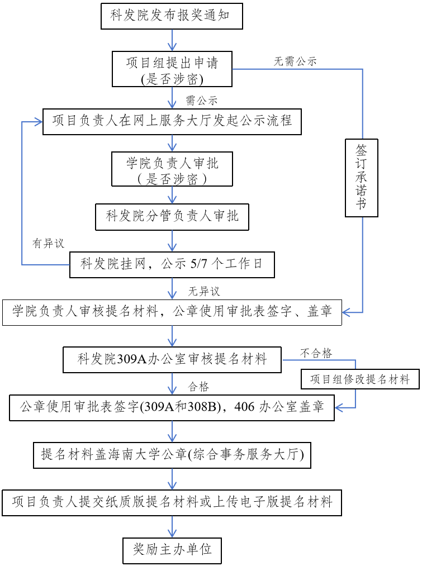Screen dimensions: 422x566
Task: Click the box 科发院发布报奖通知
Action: (x=172, y=16)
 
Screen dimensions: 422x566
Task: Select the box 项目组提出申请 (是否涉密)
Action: (x=172, y=69)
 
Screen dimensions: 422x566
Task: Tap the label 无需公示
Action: (x=295, y=61)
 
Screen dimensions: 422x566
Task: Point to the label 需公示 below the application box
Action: (x=201, y=101)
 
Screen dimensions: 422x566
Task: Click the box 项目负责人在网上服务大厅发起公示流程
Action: (x=172, y=121)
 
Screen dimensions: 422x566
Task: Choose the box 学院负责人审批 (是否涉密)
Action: (x=172, y=169)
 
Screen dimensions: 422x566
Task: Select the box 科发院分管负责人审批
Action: (x=172, y=217)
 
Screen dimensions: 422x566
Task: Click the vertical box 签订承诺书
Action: (x=361, y=178)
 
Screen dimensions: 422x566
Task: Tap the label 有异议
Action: (x=48, y=243)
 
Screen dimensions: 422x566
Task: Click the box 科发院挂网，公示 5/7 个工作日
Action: (x=172, y=265)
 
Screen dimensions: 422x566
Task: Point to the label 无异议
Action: (x=203, y=291)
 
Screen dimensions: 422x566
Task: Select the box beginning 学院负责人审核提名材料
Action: (x=172, y=312)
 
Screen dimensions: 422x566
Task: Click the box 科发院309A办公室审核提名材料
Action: (x=172, y=360)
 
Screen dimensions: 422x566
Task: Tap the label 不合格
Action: (x=316, y=353)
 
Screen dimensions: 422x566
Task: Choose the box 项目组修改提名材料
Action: (x=360, y=379)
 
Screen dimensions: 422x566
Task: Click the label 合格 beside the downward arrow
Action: (x=198, y=387)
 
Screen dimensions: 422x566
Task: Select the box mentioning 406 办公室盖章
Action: (x=172, y=407)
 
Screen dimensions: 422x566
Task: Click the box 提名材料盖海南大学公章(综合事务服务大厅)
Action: (x=172, y=455)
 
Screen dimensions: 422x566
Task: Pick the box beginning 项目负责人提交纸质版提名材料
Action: (x=172, y=503)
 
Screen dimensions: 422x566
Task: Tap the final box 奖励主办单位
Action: (x=172, y=551)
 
